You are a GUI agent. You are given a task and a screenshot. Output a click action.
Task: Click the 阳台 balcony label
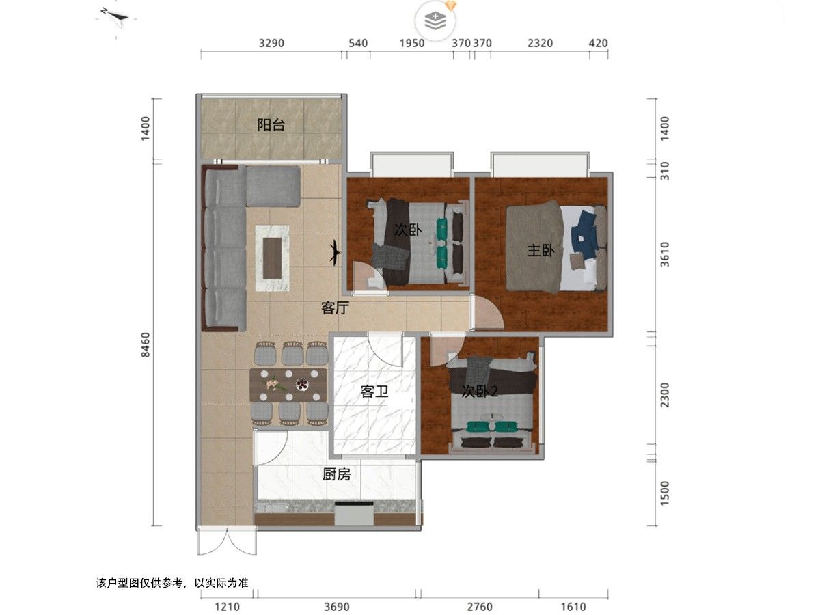(271, 125)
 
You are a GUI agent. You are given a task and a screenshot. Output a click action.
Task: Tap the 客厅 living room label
(335, 308)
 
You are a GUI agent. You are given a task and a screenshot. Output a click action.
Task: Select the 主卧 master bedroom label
(540, 251)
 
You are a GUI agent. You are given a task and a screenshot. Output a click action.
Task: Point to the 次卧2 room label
(480, 392)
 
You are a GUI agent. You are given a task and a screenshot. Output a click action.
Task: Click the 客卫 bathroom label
(374, 392)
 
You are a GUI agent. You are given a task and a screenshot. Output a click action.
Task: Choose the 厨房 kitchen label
(336, 474)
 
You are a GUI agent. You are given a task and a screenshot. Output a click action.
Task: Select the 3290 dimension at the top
(271, 43)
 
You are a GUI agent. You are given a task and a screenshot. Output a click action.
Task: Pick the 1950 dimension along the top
(411, 43)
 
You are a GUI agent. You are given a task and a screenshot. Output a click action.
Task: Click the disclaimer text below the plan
(172, 583)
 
